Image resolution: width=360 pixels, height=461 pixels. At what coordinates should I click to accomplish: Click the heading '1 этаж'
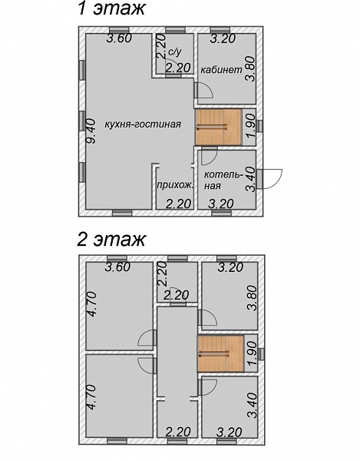point(111,8)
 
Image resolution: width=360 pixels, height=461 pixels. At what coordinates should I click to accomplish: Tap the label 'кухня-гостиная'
point(143,124)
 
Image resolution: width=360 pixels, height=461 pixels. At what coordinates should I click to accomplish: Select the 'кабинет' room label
point(222,70)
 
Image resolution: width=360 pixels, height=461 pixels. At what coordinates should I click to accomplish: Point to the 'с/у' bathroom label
point(175,52)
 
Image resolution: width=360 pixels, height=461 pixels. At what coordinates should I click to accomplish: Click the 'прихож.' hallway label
point(175,185)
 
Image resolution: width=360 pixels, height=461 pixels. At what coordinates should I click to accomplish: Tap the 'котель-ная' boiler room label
point(223,181)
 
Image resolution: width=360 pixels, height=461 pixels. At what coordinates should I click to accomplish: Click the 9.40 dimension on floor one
point(91,131)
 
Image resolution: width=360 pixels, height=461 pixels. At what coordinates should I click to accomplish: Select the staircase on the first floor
point(219,127)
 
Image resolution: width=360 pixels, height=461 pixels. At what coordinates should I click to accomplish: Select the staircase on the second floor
point(220,353)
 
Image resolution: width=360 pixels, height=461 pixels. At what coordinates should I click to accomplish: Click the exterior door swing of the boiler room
point(273,178)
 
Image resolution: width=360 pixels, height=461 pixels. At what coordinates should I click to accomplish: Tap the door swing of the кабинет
point(204,90)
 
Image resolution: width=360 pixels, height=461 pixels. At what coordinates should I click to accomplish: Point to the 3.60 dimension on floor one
point(119,38)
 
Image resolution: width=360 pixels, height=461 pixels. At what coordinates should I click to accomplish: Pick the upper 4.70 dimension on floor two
point(91,304)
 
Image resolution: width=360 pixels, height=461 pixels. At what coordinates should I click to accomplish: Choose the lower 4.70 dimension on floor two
point(91,397)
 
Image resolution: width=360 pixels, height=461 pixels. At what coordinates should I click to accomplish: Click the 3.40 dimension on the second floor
point(253,406)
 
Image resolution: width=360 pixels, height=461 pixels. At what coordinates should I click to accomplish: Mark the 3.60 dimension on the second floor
point(117,267)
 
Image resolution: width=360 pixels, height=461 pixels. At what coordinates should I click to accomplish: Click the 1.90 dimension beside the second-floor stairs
point(252,353)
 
